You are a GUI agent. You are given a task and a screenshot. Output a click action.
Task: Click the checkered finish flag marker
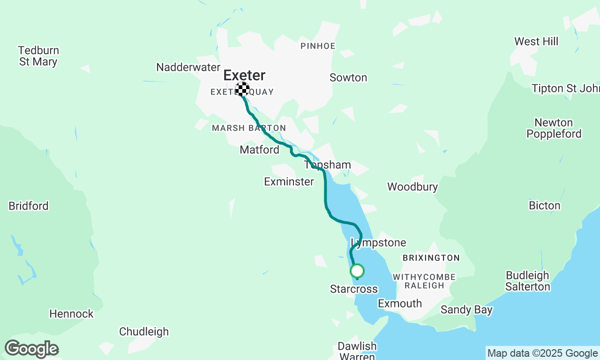click(242, 89)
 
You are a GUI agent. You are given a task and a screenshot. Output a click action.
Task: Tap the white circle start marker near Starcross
click(357, 271)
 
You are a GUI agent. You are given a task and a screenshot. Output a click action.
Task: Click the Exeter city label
click(244, 75)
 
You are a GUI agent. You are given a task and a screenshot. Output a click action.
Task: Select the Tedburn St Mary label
click(38, 56)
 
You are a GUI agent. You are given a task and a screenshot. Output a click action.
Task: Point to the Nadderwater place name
click(188, 67)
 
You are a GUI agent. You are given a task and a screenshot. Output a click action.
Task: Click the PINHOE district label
click(318, 46)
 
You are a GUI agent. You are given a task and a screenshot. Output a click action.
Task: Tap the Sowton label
click(348, 78)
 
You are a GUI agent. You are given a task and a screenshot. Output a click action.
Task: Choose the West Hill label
click(536, 42)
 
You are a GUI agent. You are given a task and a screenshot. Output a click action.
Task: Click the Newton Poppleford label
click(554, 128)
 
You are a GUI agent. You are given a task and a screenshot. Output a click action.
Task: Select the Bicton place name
click(544, 206)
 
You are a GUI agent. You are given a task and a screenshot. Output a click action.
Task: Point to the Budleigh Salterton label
click(527, 281)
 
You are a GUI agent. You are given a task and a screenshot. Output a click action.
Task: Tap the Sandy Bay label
click(466, 310)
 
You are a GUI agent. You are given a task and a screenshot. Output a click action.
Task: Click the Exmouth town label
click(400, 304)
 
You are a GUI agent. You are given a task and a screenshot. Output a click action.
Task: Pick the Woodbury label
click(412, 187)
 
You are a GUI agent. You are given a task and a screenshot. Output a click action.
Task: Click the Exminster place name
click(289, 181)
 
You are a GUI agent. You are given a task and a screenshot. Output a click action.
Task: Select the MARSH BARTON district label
click(248, 128)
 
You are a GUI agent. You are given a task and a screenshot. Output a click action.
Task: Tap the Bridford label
click(29, 206)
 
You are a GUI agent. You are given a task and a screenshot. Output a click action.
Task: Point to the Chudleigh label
click(144, 332)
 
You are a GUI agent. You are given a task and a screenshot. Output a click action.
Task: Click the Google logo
click(31, 349)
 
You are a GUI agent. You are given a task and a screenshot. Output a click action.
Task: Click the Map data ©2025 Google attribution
click(542, 353)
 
